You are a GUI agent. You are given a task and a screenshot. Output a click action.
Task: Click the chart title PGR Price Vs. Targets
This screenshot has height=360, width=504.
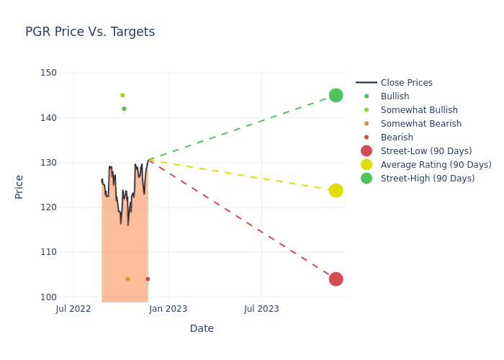[x=90, y=32]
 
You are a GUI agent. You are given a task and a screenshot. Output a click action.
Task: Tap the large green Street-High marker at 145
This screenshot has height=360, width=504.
[x=336, y=95]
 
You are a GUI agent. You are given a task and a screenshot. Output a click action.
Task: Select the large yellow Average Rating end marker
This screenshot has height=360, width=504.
[x=336, y=190]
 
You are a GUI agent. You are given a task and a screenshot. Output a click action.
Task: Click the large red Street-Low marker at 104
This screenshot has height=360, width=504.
[x=336, y=279]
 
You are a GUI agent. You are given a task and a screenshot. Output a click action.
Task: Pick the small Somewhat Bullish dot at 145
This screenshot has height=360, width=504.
[x=122, y=95]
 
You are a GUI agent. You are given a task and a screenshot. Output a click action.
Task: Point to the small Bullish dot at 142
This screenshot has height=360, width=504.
[x=124, y=109]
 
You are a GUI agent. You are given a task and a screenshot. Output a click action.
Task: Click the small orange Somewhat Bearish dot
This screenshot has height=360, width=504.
[x=127, y=279]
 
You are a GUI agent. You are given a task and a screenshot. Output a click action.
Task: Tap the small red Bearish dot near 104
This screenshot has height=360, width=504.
[x=148, y=279]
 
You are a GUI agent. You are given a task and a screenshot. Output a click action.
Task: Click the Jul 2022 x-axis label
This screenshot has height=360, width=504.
[x=73, y=309]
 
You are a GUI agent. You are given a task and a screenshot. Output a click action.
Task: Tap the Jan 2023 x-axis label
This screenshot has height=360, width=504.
[x=168, y=309]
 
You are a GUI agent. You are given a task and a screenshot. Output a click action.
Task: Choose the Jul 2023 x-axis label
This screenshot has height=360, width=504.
[x=261, y=309]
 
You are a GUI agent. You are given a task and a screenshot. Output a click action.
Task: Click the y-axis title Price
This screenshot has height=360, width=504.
[x=19, y=186]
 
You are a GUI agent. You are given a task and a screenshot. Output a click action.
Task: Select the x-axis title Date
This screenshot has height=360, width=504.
[x=202, y=328]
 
